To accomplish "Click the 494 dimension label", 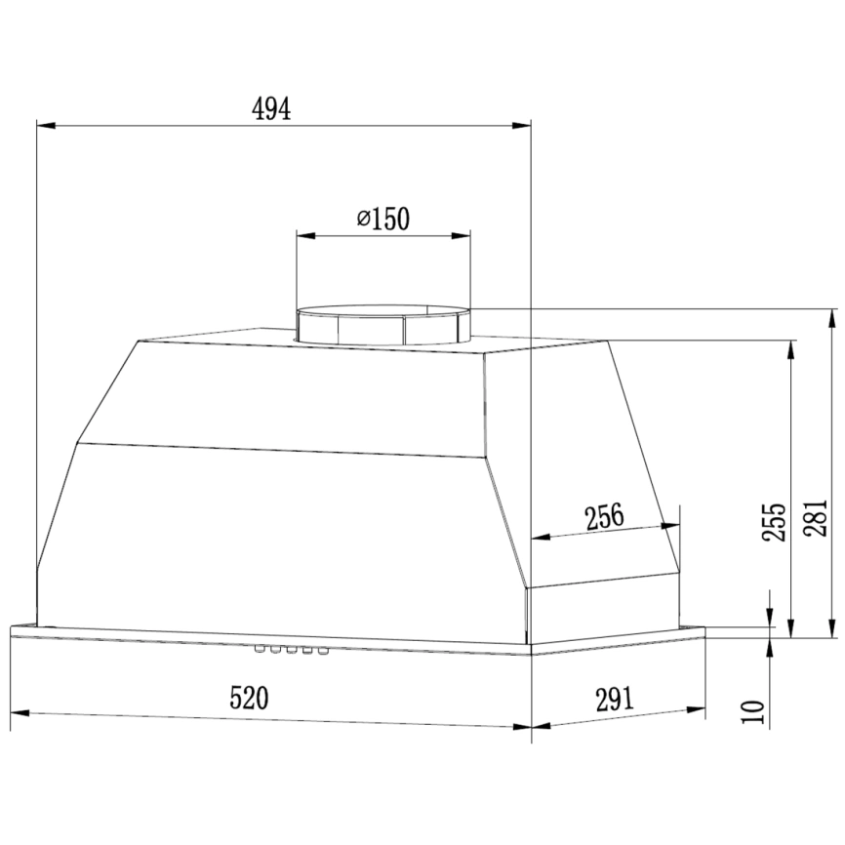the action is pos(271,109).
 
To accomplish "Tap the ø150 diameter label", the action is pos(383,219).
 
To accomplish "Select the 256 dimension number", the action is pos(604,516).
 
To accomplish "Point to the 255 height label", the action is pos(774,522).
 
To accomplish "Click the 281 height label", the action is pos(816,518).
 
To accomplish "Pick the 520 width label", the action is pos(249,698).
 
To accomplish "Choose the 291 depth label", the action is pos(615,700).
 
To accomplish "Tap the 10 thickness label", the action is pos(753,712).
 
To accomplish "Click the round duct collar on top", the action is pos(383,326).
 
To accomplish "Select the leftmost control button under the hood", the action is pos(261,650).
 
